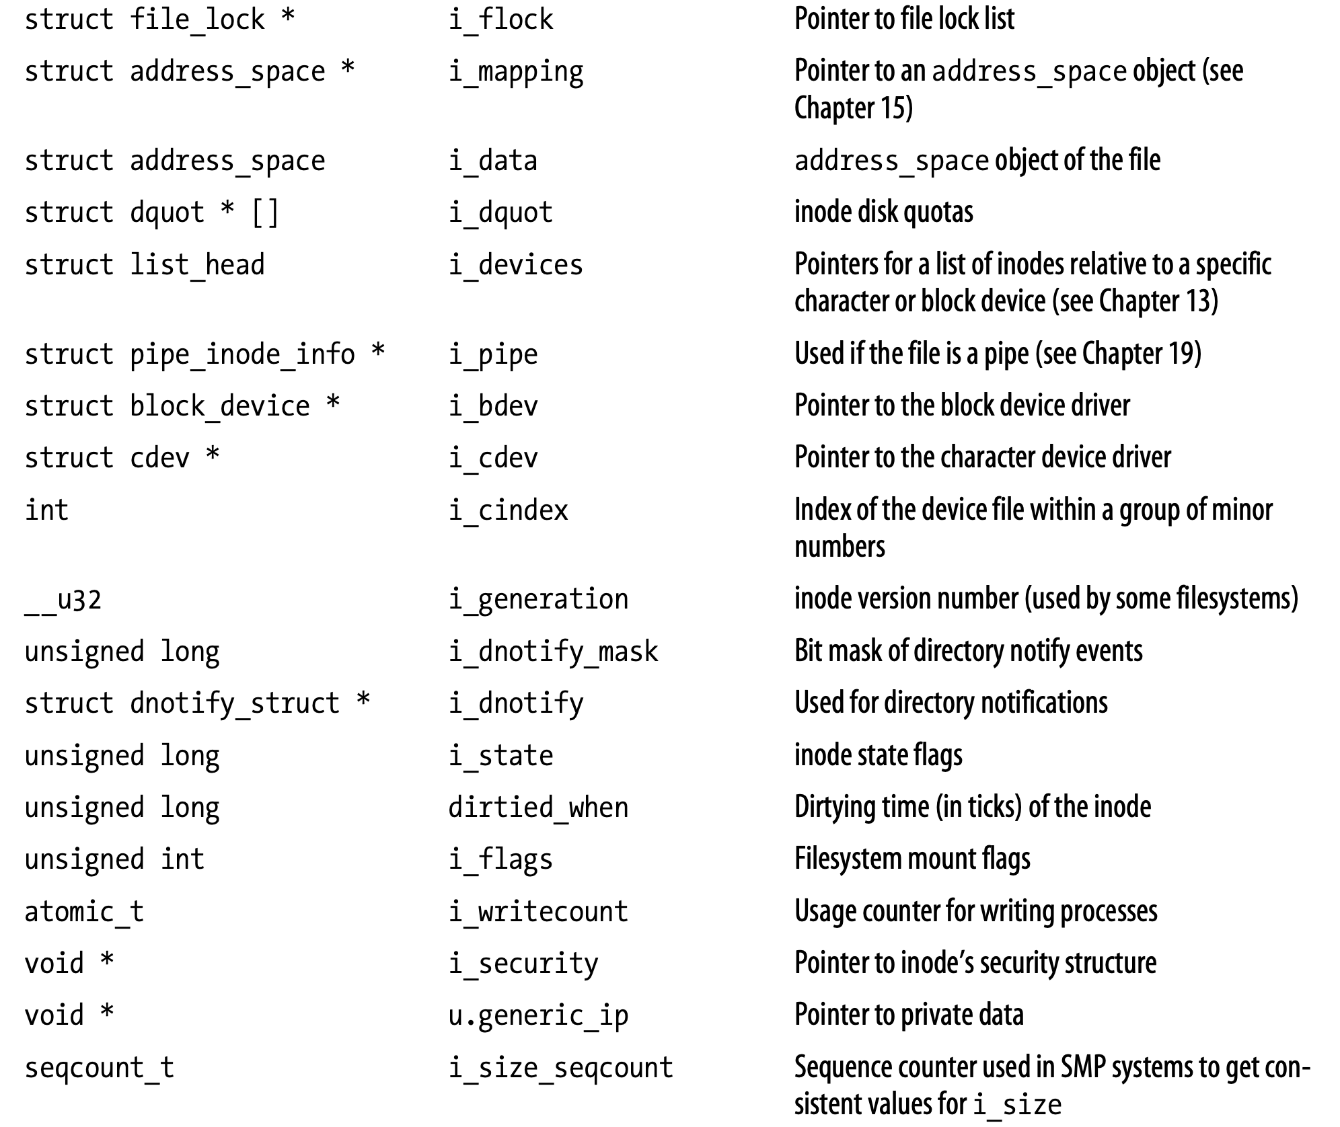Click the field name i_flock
coord(500,20)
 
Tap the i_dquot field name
coord(500,213)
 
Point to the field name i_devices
coord(516,265)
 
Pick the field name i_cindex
coord(508,510)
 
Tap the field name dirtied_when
coord(538,808)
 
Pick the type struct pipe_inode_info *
coord(204,355)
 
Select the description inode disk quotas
coord(884,212)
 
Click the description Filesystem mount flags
coord(913,859)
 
